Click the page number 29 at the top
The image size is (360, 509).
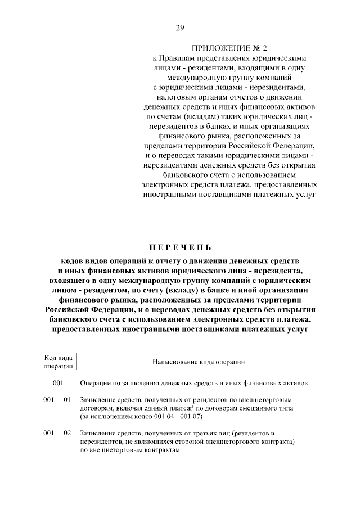coord(180,28)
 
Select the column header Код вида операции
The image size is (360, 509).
coord(58,362)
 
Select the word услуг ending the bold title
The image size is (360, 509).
coord(295,328)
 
